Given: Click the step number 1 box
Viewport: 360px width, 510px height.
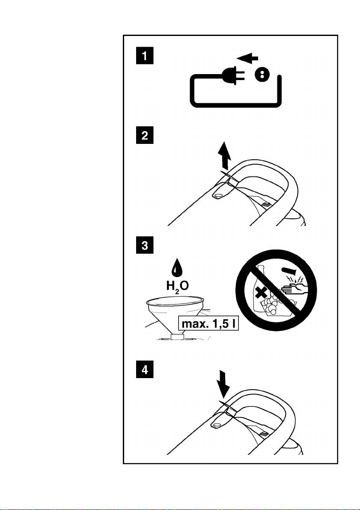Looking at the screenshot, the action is point(144,56).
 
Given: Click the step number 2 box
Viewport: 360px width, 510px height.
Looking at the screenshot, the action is point(144,135).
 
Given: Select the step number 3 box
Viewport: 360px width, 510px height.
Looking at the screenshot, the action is point(144,245).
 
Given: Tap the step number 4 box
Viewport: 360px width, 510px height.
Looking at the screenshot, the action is point(144,370).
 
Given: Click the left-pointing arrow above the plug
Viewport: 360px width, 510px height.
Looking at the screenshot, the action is point(247,58).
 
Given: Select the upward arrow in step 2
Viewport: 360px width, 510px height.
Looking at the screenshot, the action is point(224,157).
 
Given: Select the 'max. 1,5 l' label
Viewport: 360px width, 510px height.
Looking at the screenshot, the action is point(209,324).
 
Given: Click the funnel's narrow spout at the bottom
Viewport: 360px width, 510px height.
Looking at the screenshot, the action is point(177,336).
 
